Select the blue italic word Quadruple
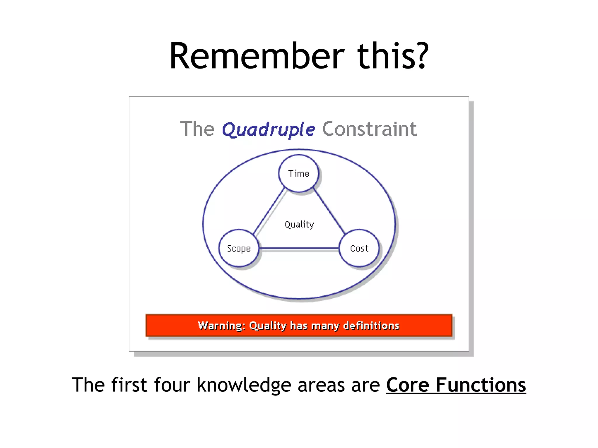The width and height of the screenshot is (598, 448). [269, 129]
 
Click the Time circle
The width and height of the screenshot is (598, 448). [298, 174]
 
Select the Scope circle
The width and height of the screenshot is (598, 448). [239, 249]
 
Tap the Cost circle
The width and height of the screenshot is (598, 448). [359, 249]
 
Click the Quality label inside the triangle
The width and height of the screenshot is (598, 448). [299, 224]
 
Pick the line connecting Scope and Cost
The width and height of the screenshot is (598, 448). [299, 249]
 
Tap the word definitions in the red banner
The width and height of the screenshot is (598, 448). [371, 325]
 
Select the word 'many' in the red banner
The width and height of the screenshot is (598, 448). [325, 325]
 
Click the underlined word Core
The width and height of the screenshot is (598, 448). [408, 385]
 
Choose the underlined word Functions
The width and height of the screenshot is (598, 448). [481, 385]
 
